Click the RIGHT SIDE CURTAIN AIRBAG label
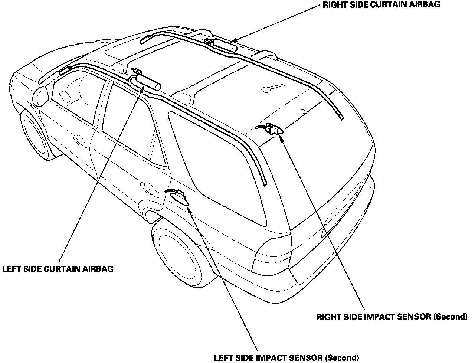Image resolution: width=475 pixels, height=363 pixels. coord(381,5)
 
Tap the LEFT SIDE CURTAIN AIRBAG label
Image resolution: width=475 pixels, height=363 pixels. coord(58,269)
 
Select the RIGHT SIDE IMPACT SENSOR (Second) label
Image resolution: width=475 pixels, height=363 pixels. coord(392,317)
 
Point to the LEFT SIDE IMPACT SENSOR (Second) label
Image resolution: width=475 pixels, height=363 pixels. coord(286,358)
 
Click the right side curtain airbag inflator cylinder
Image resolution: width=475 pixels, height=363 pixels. coord(225,46)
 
